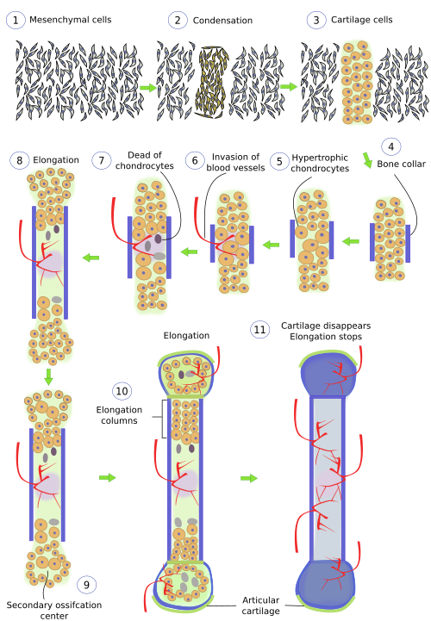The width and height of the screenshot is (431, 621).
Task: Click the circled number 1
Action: pos(16,20)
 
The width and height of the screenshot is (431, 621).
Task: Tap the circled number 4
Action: pos(391,147)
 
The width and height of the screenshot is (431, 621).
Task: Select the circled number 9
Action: pos(86,585)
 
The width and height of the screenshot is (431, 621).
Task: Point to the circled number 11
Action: pos(259,330)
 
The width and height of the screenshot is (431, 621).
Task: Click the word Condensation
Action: pos(222,21)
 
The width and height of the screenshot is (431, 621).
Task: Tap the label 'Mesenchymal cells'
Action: pos(70,20)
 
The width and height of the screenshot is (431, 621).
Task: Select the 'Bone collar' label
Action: pos(401,164)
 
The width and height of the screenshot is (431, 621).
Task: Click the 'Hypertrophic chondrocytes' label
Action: pos(320,163)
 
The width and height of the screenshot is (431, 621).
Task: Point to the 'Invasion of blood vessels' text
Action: pos(235,163)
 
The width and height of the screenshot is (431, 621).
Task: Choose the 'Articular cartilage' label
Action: pos(260,605)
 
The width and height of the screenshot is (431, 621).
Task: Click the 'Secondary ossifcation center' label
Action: pos(54,611)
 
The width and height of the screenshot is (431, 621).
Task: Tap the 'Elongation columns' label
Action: pos(119,415)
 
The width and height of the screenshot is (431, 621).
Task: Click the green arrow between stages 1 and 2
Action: pos(148,88)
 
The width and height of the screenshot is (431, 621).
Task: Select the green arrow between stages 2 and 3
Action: pos(289,86)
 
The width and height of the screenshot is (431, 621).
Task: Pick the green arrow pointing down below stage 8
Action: pos(48,376)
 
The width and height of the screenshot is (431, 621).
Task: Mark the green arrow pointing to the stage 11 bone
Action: pos(249,478)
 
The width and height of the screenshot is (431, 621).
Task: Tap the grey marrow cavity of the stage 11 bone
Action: pos(328,479)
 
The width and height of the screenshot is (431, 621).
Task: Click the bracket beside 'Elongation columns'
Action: pos(163,419)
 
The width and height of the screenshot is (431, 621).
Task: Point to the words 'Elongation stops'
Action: pos(326,337)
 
